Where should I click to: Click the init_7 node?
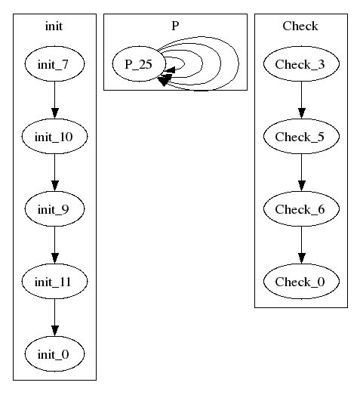point(54,63)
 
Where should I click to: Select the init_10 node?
point(54,136)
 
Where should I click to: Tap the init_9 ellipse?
point(54,208)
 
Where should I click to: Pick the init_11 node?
point(54,282)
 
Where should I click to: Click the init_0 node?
point(54,353)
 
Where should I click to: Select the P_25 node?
point(139,63)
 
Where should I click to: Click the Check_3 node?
point(301,63)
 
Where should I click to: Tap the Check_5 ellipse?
point(301,136)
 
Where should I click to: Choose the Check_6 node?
point(301,208)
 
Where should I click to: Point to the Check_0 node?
point(301,282)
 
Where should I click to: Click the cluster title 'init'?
point(54,26)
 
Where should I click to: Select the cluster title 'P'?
point(175,26)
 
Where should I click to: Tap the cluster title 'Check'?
point(300,26)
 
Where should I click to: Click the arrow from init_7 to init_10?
point(54,100)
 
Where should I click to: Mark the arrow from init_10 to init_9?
point(54,173)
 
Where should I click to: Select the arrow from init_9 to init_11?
point(54,245)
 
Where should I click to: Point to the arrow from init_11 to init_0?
point(54,318)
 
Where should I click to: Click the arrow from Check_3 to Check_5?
point(301,100)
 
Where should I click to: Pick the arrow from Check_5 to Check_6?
point(301,173)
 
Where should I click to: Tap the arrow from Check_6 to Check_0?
point(301,245)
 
